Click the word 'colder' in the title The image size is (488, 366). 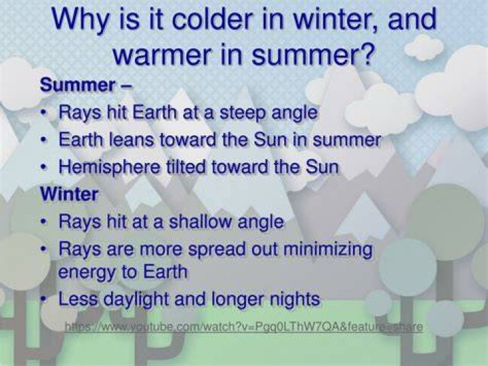click(212, 19)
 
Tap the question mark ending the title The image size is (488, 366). click(366, 54)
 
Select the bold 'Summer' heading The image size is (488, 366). click(78, 85)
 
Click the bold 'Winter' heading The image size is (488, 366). click(69, 194)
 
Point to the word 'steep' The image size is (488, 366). click(243, 113)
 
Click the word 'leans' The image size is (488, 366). click(131, 140)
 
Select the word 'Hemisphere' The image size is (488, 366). click(110, 167)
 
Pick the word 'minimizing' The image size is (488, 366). click(328, 250)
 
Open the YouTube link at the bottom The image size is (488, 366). click(244, 327)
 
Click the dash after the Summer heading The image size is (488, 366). click(127, 86)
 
